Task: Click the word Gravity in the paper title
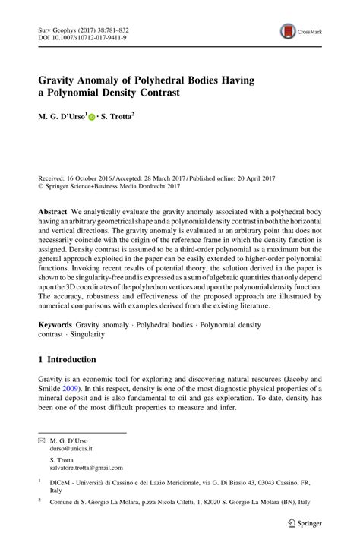[58, 80]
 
